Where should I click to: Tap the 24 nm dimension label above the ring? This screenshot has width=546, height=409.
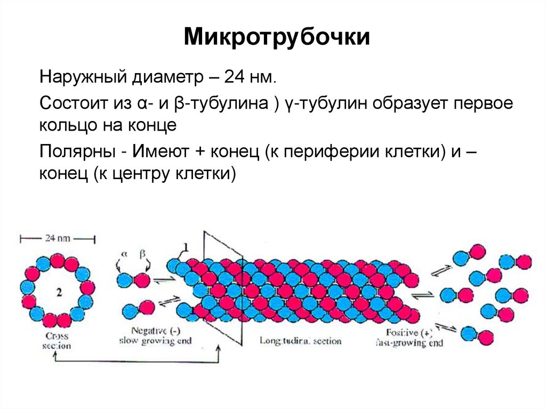(x=58, y=238)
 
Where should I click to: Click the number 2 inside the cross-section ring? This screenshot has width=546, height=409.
(x=58, y=291)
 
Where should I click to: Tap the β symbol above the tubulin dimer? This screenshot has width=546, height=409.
(x=142, y=254)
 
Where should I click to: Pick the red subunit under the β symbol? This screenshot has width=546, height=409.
(x=142, y=279)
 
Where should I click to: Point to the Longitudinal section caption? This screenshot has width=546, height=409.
(x=300, y=340)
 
